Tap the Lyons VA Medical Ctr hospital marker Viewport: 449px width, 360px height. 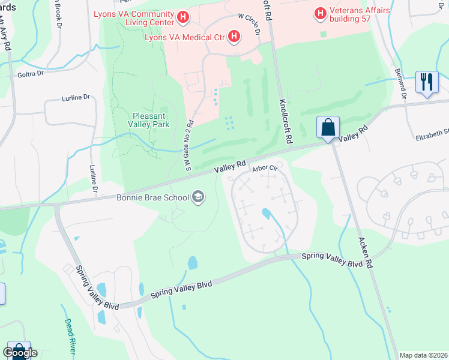(235, 38)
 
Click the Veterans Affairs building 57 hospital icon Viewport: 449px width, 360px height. (321, 12)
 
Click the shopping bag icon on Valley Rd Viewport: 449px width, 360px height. (328, 127)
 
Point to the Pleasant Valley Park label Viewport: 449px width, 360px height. (151, 119)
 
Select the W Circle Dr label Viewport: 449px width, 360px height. (249, 25)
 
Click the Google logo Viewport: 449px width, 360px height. (20, 353)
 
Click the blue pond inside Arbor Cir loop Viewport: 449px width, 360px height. (265, 213)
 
